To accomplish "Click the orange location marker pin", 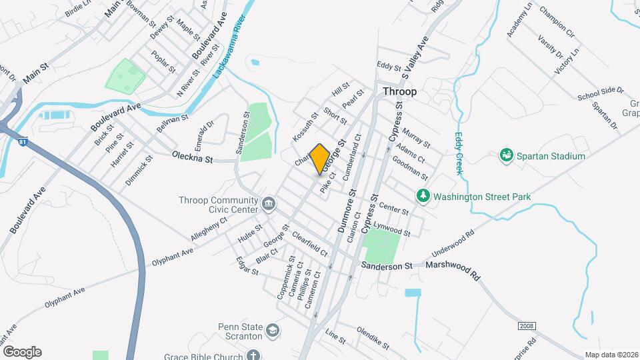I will (x=319, y=159).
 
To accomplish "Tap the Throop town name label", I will (x=399, y=91).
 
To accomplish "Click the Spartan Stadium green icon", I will (x=507, y=156).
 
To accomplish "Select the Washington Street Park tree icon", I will (x=422, y=196).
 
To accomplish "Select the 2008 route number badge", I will (x=528, y=325).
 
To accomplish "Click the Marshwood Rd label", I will (x=457, y=269).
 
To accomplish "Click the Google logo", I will (x=22, y=351).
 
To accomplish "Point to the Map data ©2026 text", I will (x=610, y=355).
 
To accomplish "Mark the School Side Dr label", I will (x=600, y=93).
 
